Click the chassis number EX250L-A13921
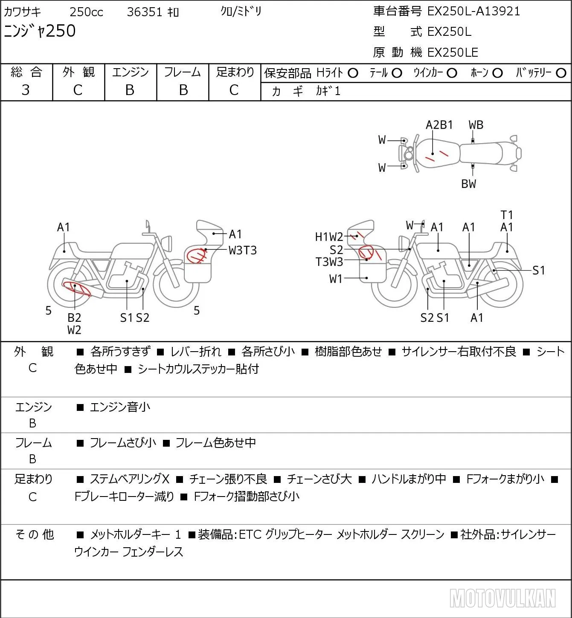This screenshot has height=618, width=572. (x=473, y=12)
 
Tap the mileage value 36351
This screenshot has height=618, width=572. (x=145, y=12)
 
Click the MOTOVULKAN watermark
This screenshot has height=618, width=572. (x=502, y=598)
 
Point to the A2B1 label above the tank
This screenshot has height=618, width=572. (x=439, y=125)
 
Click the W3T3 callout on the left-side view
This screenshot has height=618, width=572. (x=242, y=250)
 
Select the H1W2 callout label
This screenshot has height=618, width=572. (x=329, y=237)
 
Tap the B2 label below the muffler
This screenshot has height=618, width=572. (x=74, y=318)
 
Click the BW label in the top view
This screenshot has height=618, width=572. (x=469, y=184)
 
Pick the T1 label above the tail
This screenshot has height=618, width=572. (x=507, y=215)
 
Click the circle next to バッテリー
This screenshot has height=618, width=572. (x=561, y=73)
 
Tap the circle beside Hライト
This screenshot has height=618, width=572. (x=353, y=73)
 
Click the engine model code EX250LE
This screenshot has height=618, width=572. (x=453, y=52)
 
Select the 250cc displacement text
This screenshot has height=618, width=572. (x=86, y=12)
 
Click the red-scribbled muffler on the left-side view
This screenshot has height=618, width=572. (x=77, y=289)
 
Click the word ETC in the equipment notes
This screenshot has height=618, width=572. (x=250, y=534)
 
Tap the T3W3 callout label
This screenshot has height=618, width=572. (x=329, y=262)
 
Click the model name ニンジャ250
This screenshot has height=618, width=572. (x=40, y=31)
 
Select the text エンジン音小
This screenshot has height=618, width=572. (x=120, y=407)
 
